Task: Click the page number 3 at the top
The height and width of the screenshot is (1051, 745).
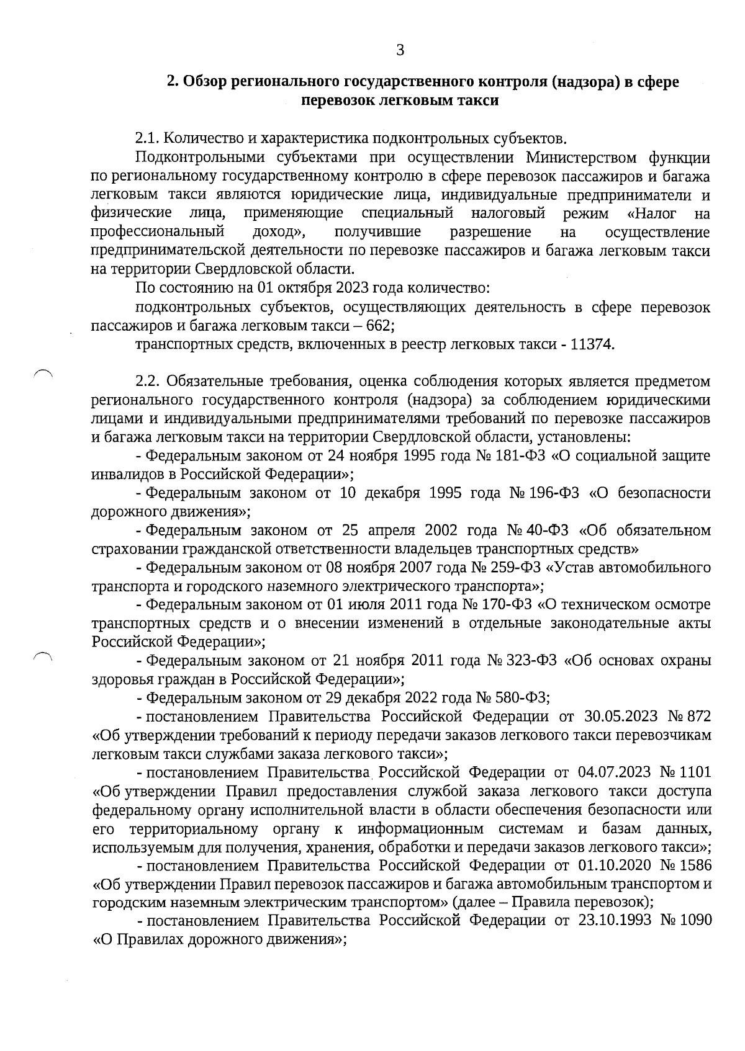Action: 400,50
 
